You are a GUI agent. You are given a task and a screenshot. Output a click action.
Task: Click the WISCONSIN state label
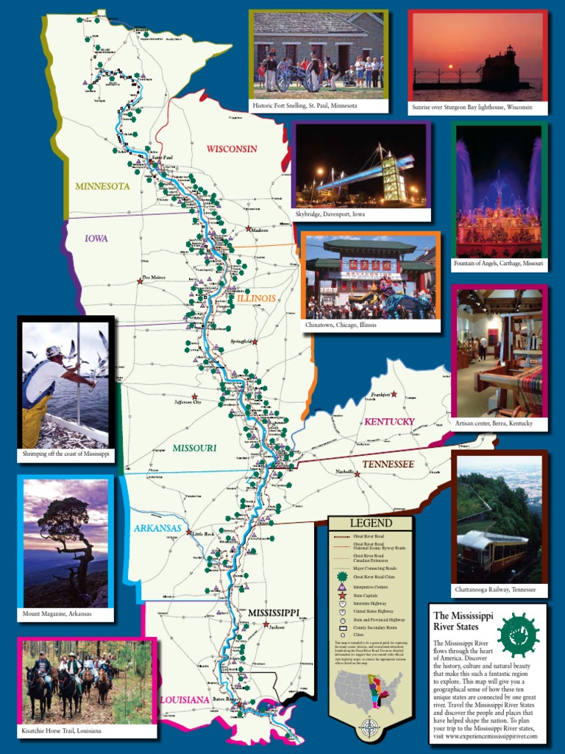pyautogui.click(x=232, y=149)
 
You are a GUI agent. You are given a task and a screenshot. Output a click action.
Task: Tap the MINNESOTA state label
pyautogui.click(x=102, y=186)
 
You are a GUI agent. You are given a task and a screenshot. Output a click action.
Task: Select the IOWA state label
pyautogui.click(x=96, y=239)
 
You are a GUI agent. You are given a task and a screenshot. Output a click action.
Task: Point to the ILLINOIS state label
pyautogui.click(x=256, y=298)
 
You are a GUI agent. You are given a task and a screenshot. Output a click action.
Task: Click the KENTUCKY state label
pyautogui.click(x=390, y=422)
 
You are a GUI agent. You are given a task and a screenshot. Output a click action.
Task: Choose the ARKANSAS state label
pyautogui.click(x=157, y=528)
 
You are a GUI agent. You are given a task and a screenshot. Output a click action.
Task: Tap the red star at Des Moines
pyautogui.click(x=139, y=281)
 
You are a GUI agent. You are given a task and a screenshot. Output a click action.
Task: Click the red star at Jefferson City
pyautogui.click(x=195, y=396)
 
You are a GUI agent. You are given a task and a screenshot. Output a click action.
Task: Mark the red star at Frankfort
pyautogui.click(x=394, y=395)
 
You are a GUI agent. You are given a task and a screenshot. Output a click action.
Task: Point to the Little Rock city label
pyautogui.click(x=201, y=534)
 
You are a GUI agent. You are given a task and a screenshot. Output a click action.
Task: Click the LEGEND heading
pyautogui.click(x=371, y=524)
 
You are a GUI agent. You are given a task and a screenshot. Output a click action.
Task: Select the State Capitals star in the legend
pyautogui.click(x=342, y=595)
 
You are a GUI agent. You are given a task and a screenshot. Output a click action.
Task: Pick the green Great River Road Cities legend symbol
pyautogui.click(x=342, y=577)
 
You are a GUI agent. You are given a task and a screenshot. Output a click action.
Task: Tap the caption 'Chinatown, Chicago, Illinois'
pyautogui.click(x=341, y=325)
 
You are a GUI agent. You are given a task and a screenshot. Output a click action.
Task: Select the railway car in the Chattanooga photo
pyautogui.click(x=491, y=549)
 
